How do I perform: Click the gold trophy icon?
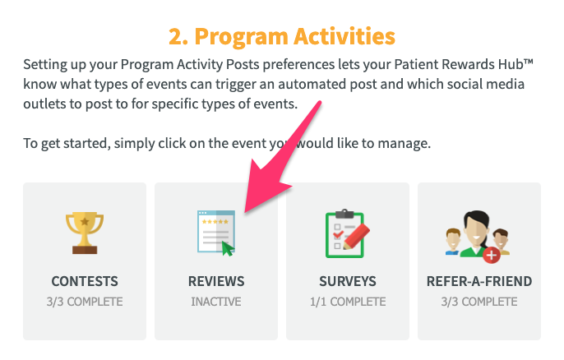coord(85,233)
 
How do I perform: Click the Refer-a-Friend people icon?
coord(478,237)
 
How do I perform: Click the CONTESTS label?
coord(85,281)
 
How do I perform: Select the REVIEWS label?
coord(216,281)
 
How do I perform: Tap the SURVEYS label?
coord(348,281)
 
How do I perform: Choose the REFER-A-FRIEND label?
coord(479,281)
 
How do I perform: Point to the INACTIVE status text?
coord(216,302)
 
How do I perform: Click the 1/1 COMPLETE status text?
coord(348,302)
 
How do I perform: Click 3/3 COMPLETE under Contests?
coord(85,302)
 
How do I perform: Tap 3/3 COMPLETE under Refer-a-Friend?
coord(479,302)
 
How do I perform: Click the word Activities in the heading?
coord(344,36)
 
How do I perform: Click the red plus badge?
coord(492,255)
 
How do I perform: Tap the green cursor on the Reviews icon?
coord(227,248)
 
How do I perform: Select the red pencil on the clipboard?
coord(357,236)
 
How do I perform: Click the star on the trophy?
coord(85,221)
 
